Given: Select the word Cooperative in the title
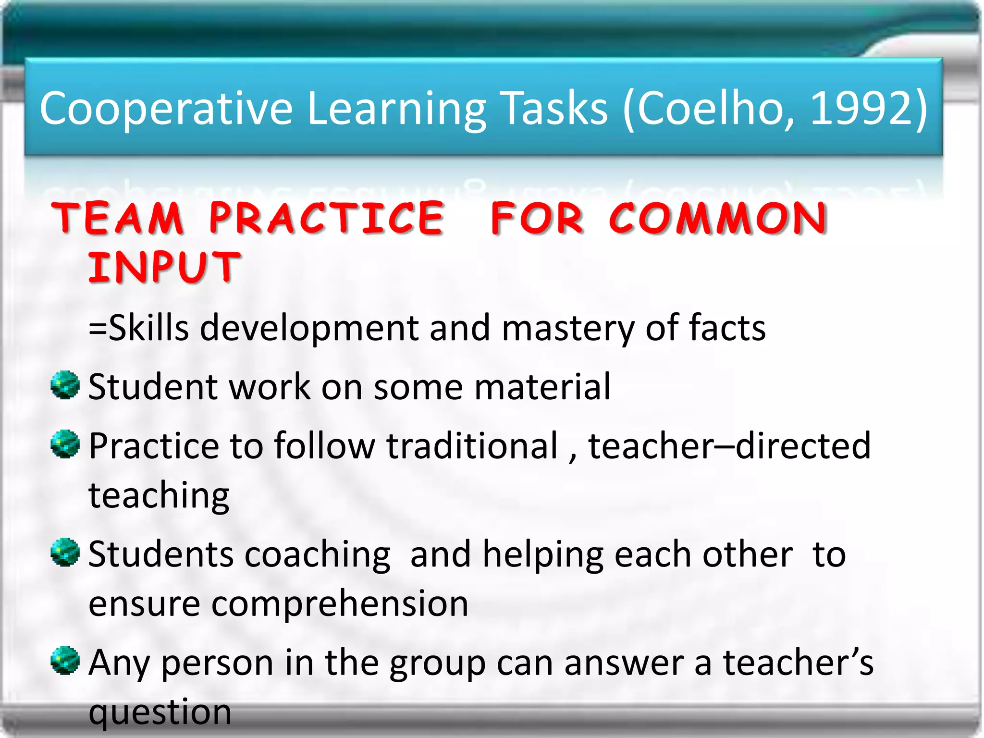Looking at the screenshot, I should click(x=166, y=110).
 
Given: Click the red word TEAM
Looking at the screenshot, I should click(x=118, y=219).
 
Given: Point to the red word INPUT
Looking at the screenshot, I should click(x=164, y=267).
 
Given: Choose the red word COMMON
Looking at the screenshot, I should click(x=718, y=219).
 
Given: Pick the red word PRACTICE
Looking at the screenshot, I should click(x=327, y=219).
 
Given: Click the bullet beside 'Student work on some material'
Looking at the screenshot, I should click(x=65, y=385).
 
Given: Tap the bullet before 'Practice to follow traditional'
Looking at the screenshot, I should click(x=65, y=444).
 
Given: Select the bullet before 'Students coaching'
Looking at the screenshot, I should click(x=65, y=552).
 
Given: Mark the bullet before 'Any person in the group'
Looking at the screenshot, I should click(x=65, y=660).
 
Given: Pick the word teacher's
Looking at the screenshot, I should click(x=798, y=662).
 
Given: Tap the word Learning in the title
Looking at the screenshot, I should click(x=396, y=110).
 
